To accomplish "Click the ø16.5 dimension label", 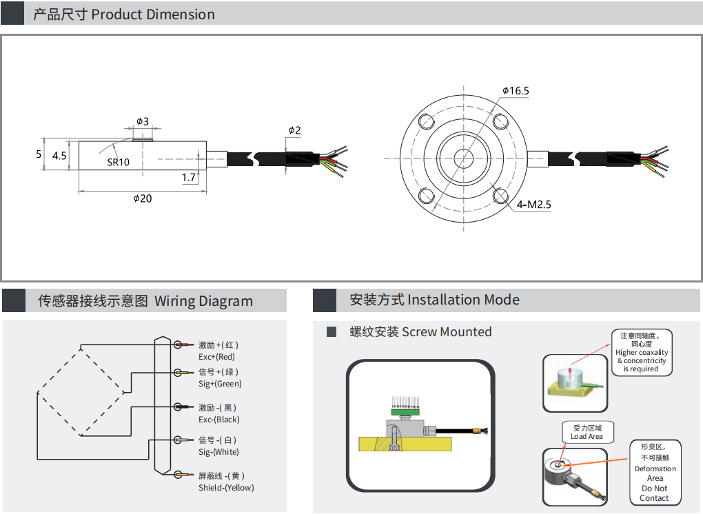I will pyautogui.click(x=516, y=91).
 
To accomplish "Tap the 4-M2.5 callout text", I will pyautogui.click(x=534, y=204).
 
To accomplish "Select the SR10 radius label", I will pyautogui.click(x=118, y=163).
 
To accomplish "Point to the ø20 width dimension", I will pyautogui.click(x=142, y=198).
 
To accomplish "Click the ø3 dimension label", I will pyautogui.click(x=142, y=121).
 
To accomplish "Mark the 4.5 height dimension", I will pyautogui.click(x=59, y=156).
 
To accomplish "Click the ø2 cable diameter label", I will pyautogui.click(x=294, y=130).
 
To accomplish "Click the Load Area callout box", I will pyautogui.click(x=587, y=432).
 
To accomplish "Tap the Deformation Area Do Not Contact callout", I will pyautogui.click(x=655, y=472).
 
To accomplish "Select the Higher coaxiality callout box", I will pyautogui.click(x=641, y=352).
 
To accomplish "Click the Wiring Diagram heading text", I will pyautogui.click(x=203, y=301).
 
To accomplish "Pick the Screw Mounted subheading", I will pyautogui.click(x=421, y=332).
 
